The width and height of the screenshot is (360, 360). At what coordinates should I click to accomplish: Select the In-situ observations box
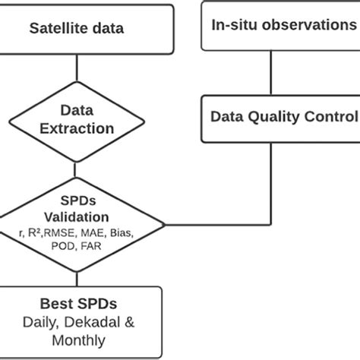click(x=282, y=24)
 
